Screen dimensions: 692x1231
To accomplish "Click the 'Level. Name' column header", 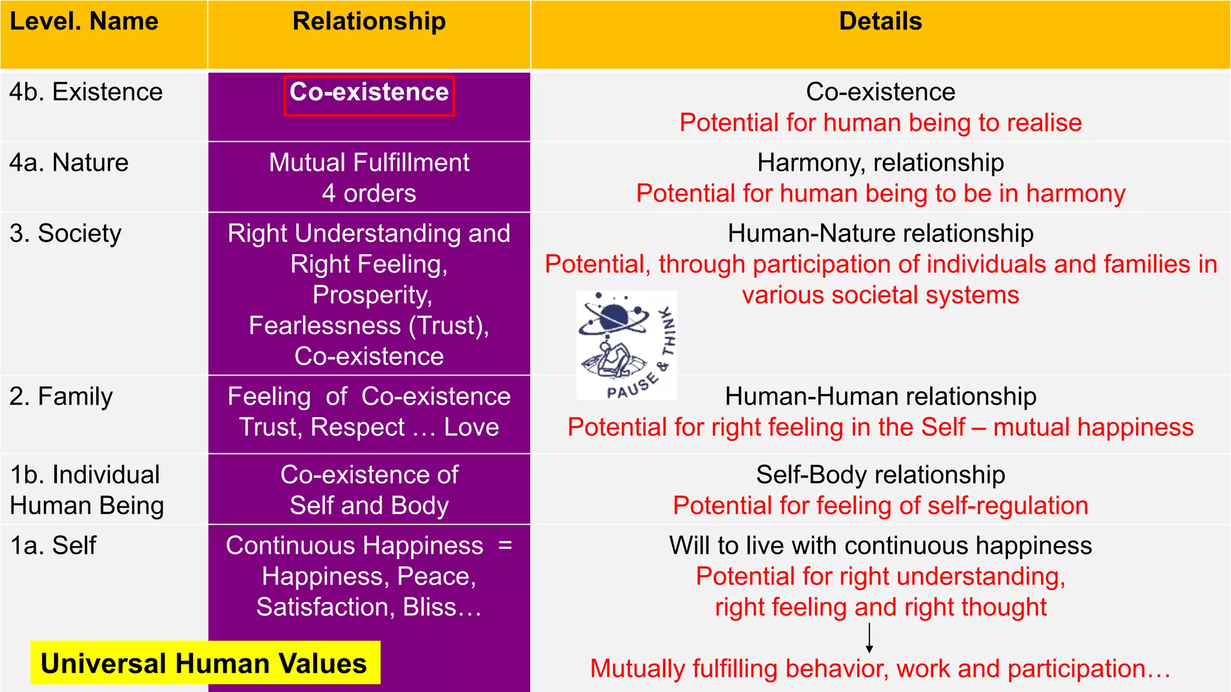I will [84, 22].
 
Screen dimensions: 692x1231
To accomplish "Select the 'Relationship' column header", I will [369, 22].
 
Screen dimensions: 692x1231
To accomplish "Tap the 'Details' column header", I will [880, 22].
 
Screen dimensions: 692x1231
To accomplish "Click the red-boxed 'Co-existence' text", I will [369, 93].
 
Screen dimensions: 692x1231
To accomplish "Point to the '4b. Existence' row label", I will [86, 93].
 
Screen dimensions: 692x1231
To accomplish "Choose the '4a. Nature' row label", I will [69, 163].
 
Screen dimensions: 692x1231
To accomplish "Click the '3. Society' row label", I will [66, 234].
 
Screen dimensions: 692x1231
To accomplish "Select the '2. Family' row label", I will [61, 397].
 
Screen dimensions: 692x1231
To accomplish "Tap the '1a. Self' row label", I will [53, 546].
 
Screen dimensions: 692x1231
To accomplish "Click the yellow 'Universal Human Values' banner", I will [205, 663].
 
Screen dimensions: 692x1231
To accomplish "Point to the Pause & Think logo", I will [626, 345].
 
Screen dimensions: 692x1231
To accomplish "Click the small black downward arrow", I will [869, 639].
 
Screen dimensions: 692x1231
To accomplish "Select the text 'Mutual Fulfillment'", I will [369, 163].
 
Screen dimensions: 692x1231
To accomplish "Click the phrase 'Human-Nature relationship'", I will [880, 234].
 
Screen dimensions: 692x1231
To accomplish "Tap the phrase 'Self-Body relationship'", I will [880, 475].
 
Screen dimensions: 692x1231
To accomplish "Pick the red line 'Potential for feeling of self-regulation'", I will [880, 506].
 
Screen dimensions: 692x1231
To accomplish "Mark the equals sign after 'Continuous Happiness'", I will [505, 545].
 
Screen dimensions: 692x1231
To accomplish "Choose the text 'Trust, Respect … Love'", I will [369, 428].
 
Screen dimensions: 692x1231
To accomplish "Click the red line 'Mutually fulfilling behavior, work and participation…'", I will [880, 669].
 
